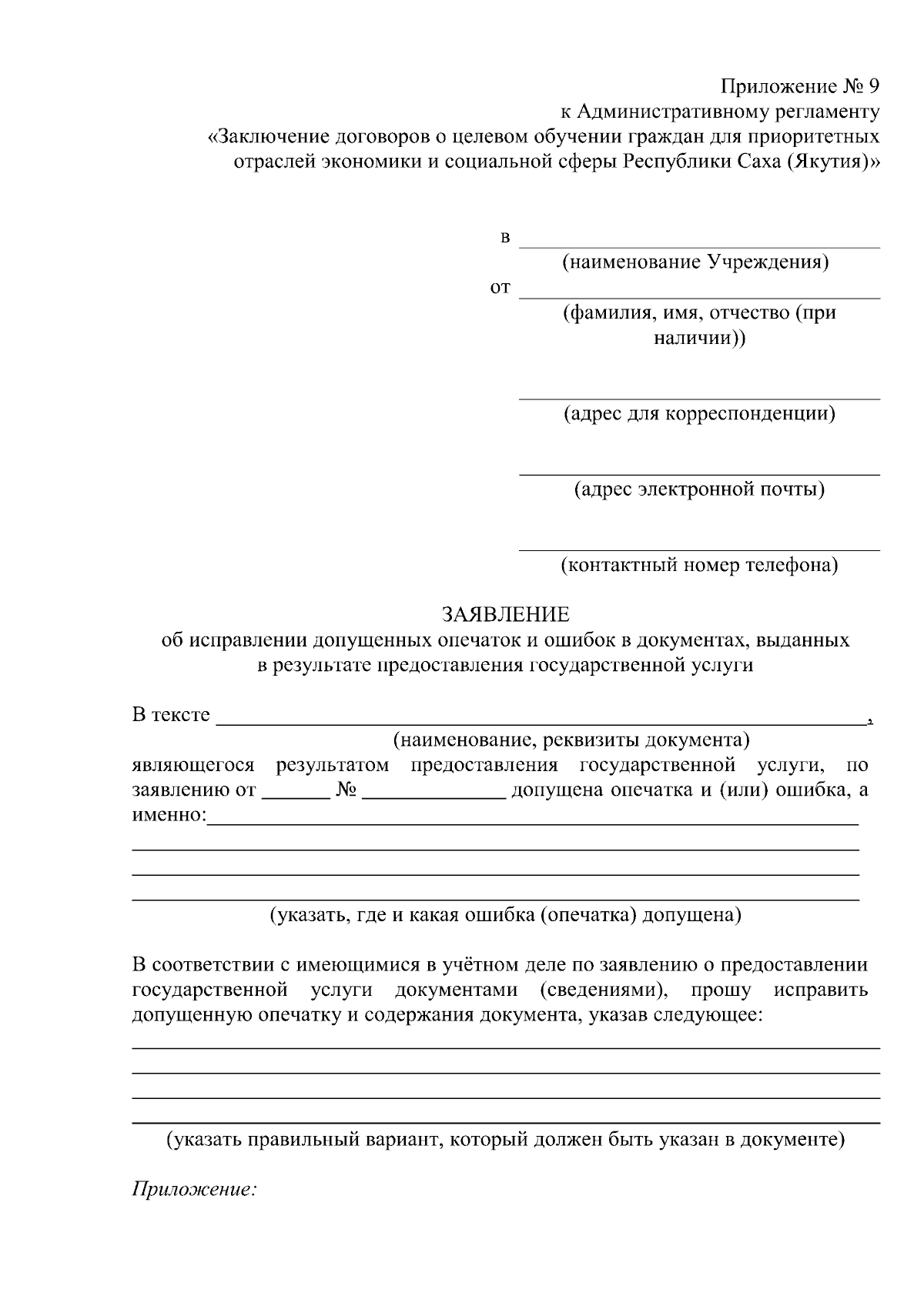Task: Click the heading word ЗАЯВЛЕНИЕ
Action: click(x=505, y=614)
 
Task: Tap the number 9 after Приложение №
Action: click(x=872, y=86)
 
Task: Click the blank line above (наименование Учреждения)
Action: click(x=699, y=246)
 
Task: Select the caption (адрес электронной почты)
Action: click(x=699, y=489)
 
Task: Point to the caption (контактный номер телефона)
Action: click(x=699, y=566)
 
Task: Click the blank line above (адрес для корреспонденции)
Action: click(x=699, y=398)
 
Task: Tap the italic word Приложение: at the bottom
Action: click(x=194, y=1190)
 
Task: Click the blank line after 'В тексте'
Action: click(x=539, y=722)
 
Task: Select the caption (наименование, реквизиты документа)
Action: click(x=571, y=740)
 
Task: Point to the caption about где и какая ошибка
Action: click(x=504, y=915)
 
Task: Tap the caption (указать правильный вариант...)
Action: click(x=506, y=1140)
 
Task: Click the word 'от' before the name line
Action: click(x=500, y=289)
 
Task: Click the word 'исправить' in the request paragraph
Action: click(x=821, y=990)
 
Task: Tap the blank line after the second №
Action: click(x=434, y=797)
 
